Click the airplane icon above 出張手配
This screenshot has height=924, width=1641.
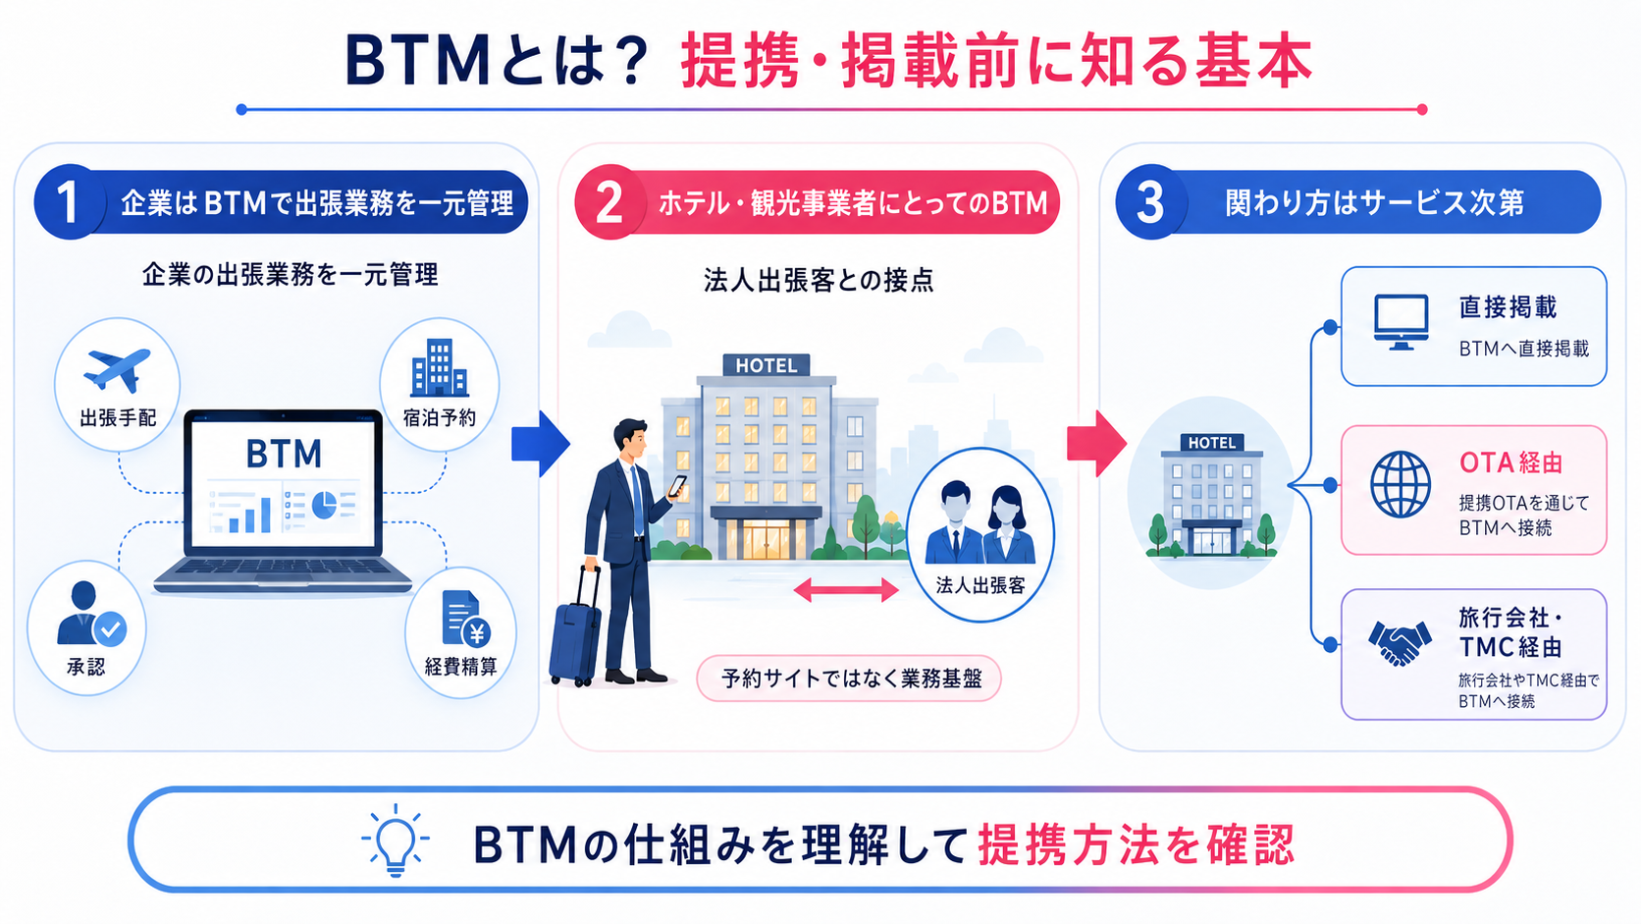click(x=117, y=370)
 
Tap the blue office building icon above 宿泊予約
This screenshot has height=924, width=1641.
click(x=440, y=367)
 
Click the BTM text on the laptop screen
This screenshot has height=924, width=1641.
click(x=284, y=455)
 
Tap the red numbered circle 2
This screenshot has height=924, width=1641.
click(x=610, y=202)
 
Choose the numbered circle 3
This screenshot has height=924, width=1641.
click(x=1151, y=202)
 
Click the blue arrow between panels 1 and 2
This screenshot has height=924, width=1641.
click(x=541, y=443)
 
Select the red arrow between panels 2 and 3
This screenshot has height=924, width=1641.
click(x=1096, y=443)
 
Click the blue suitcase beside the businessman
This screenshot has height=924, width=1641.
click(x=576, y=628)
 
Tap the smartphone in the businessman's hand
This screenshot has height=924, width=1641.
click(x=677, y=485)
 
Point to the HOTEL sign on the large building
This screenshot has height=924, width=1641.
click(x=767, y=365)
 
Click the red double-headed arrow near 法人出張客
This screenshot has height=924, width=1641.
click(x=846, y=590)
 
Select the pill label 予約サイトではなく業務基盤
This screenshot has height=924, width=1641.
click(x=849, y=679)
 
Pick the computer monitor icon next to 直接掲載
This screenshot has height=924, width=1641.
click(x=1401, y=322)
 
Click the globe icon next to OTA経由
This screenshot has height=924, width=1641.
click(x=1401, y=485)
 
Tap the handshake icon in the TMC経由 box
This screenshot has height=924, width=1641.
click(x=1400, y=642)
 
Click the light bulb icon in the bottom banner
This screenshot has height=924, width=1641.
click(x=396, y=841)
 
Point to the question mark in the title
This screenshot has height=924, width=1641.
click(x=627, y=62)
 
